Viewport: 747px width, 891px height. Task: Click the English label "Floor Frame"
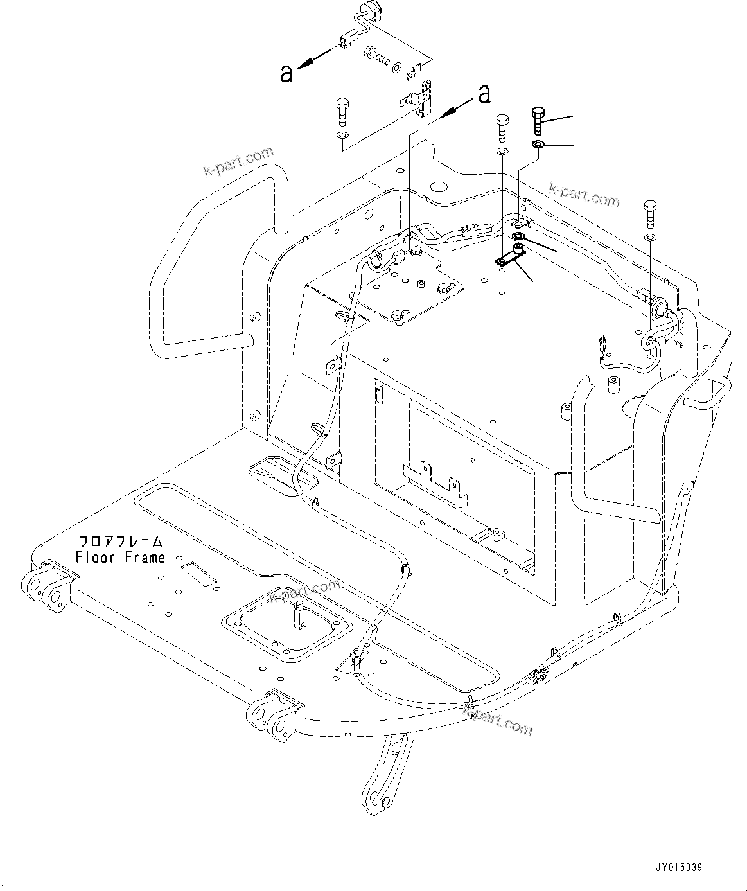coord(120,558)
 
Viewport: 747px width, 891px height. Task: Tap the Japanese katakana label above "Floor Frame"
coord(120,541)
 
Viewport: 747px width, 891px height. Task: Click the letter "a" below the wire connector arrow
coord(286,74)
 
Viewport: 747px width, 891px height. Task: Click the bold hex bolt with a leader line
coord(538,119)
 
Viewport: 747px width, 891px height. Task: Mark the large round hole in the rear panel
coord(439,188)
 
